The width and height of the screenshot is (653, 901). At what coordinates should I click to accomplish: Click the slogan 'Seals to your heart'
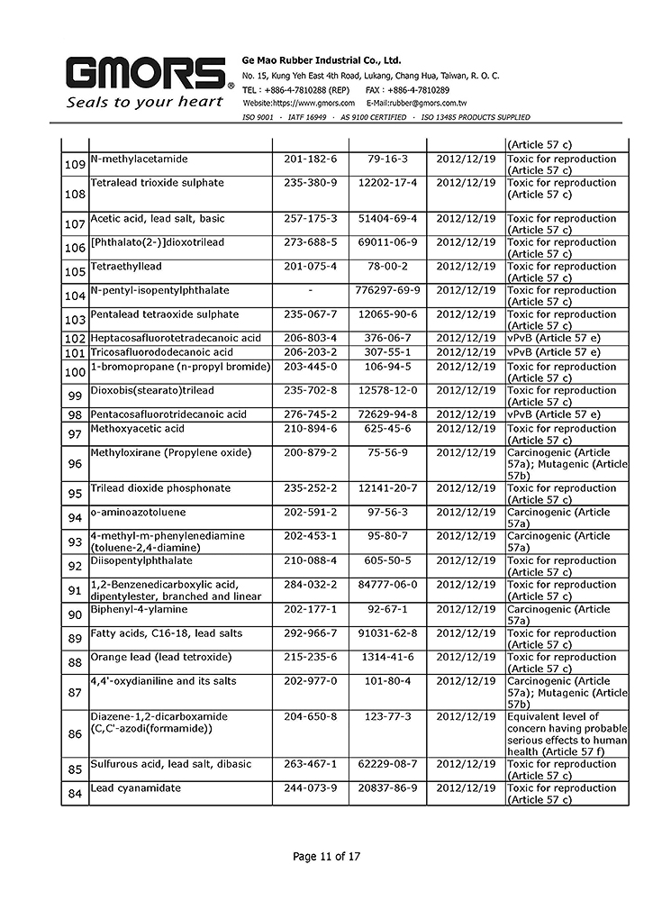(144, 102)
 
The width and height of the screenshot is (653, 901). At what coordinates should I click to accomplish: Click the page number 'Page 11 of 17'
(326, 856)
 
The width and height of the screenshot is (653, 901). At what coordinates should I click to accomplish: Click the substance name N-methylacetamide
(139, 159)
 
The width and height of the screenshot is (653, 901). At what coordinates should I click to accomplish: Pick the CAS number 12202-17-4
(387, 183)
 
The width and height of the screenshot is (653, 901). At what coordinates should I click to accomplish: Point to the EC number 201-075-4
(310, 267)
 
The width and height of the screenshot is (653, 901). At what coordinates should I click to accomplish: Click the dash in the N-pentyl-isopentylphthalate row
(310, 291)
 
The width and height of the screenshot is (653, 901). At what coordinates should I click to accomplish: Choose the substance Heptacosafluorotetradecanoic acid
(176, 338)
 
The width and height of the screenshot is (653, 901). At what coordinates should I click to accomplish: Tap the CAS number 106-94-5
(387, 367)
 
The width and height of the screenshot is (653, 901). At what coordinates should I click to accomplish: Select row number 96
(75, 464)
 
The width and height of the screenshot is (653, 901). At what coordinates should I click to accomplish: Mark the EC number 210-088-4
(310, 560)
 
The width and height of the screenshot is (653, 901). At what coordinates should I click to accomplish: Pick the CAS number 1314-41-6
(387, 657)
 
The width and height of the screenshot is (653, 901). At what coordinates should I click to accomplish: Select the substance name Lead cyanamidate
(135, 788)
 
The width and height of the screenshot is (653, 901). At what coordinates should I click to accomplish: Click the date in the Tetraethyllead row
(466, 267)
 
